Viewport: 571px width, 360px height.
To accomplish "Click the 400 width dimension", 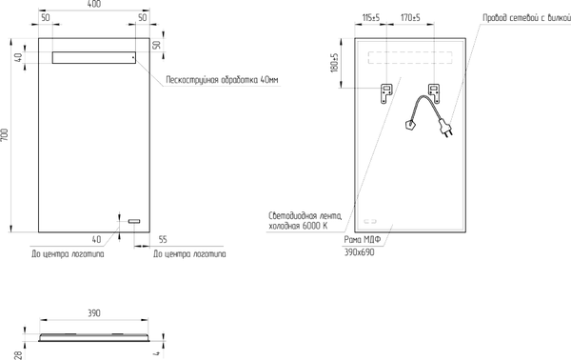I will pyautogui.click(x=95, y=6).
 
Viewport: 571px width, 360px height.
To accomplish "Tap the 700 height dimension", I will pyautogui.click(x=6, y=136).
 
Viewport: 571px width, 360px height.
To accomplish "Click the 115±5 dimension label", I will pyautogui.click(x=370, y=17).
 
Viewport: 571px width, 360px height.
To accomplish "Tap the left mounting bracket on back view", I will pyautogui.click(x=385, y=92).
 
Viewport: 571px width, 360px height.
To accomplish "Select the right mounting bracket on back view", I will pyautogui.click(x=434, y=92).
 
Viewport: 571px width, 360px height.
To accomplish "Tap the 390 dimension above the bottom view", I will pyautogui.click(x=94, y=313).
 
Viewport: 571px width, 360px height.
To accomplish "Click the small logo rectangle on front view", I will pyautogui.click(x=133, y=222).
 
